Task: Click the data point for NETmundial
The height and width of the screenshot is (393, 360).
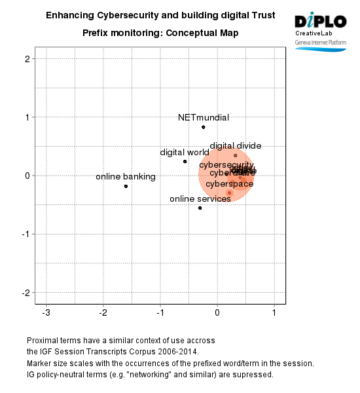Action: (x=204, y=127)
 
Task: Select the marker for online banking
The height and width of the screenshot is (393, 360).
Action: (x=126, y=186)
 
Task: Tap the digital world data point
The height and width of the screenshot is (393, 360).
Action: (x=185, y=161)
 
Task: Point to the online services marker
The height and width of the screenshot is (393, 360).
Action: (x=200, y=208)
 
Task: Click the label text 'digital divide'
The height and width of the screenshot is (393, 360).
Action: (x=236, y=146)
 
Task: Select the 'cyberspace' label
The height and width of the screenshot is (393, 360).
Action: (x=229, y=184)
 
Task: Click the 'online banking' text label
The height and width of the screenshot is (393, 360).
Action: (x=126, y=177)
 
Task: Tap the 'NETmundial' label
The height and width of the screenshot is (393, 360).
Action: (x=204, y=118)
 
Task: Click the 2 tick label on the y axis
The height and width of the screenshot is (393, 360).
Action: (x=27, y=59)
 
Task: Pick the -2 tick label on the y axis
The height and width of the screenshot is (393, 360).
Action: (x=26, y=292)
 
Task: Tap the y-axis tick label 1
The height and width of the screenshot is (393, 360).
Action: (x=27, y=117)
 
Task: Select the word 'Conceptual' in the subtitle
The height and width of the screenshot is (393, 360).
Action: (x=196, y=32)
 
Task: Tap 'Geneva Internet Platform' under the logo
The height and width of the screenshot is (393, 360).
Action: (x=320, y=42)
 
